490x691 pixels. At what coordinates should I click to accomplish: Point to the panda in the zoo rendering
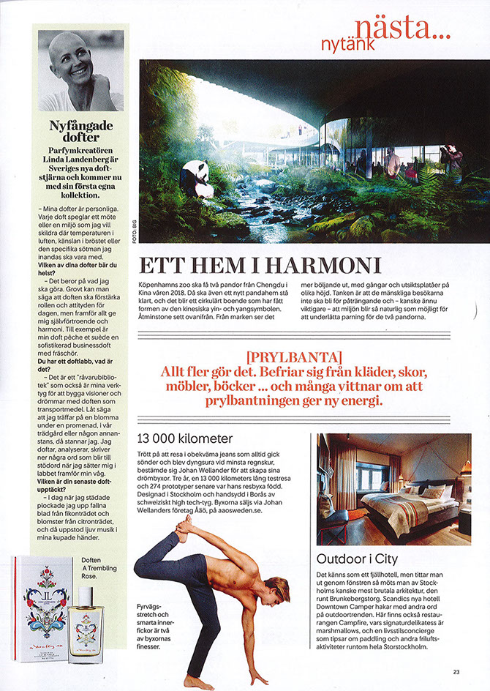tap(197, 177)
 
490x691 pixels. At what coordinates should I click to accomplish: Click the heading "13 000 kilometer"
tap(186, 439)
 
